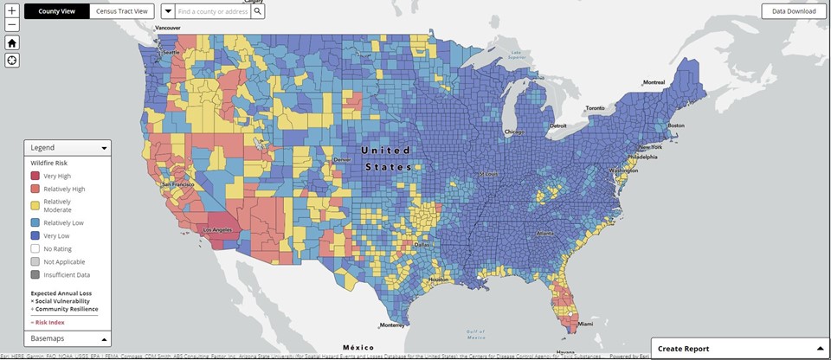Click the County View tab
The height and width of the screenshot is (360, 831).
[56, 11]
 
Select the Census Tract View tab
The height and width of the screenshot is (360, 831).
[122, 11]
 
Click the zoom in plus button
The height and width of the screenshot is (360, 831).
[12, 11]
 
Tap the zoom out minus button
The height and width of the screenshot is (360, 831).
[12, 25]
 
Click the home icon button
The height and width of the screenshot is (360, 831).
[12, 42]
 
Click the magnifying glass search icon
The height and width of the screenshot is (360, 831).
[257, 11]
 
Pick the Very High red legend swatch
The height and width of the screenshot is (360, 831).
[34, 176]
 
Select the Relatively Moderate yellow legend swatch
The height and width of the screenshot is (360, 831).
[34, 206]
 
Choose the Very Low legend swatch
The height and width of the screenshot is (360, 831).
[34, 235]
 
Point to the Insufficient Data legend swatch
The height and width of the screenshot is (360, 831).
[34, 274]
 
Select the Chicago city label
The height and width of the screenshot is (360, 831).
[515, 132]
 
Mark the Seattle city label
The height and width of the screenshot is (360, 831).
[171, 53]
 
